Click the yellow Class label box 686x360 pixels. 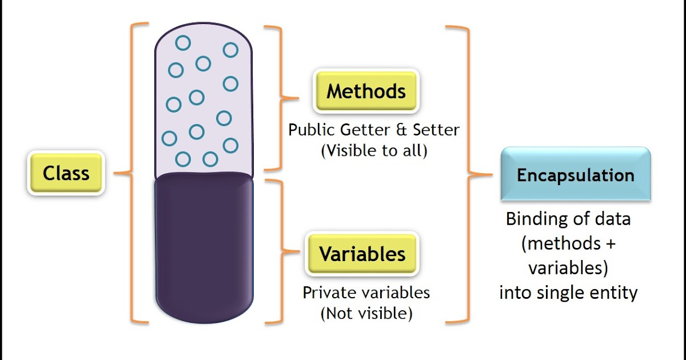point(66,173)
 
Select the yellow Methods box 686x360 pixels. point(366,91)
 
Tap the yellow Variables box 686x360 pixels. point(362,254)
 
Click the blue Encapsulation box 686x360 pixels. point(576,175)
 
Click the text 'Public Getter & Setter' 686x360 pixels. point(373,130)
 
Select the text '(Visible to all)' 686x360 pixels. point(374,151)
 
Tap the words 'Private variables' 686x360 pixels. point(366,293)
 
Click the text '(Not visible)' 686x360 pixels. point(366,313)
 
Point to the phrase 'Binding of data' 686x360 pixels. point(568,219)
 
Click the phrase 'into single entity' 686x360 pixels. point(568,293)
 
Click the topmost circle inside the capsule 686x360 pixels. point(183,42)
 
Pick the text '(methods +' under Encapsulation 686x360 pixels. point(568,243)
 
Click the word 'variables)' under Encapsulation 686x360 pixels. point(568,268)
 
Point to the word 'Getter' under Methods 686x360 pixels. point(364,130)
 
